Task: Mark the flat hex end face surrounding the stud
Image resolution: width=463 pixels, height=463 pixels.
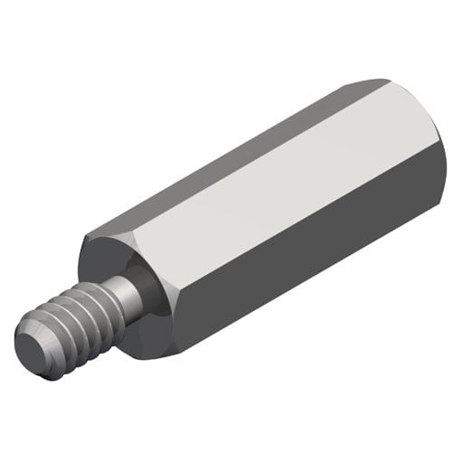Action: pyautogui.click(x=109, y=262)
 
